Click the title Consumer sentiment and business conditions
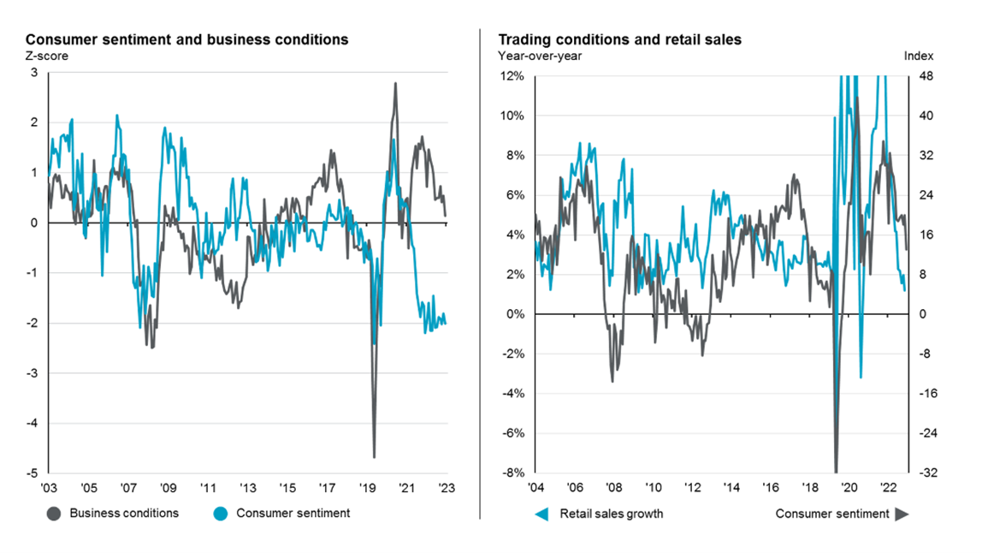coord(187,39)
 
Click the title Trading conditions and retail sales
coord(620,39)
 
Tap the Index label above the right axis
coord(919,56)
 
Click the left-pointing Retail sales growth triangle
coord(541,514)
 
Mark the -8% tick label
coord(514,473)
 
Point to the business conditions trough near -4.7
coord(375,456)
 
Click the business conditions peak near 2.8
coord(395,83)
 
